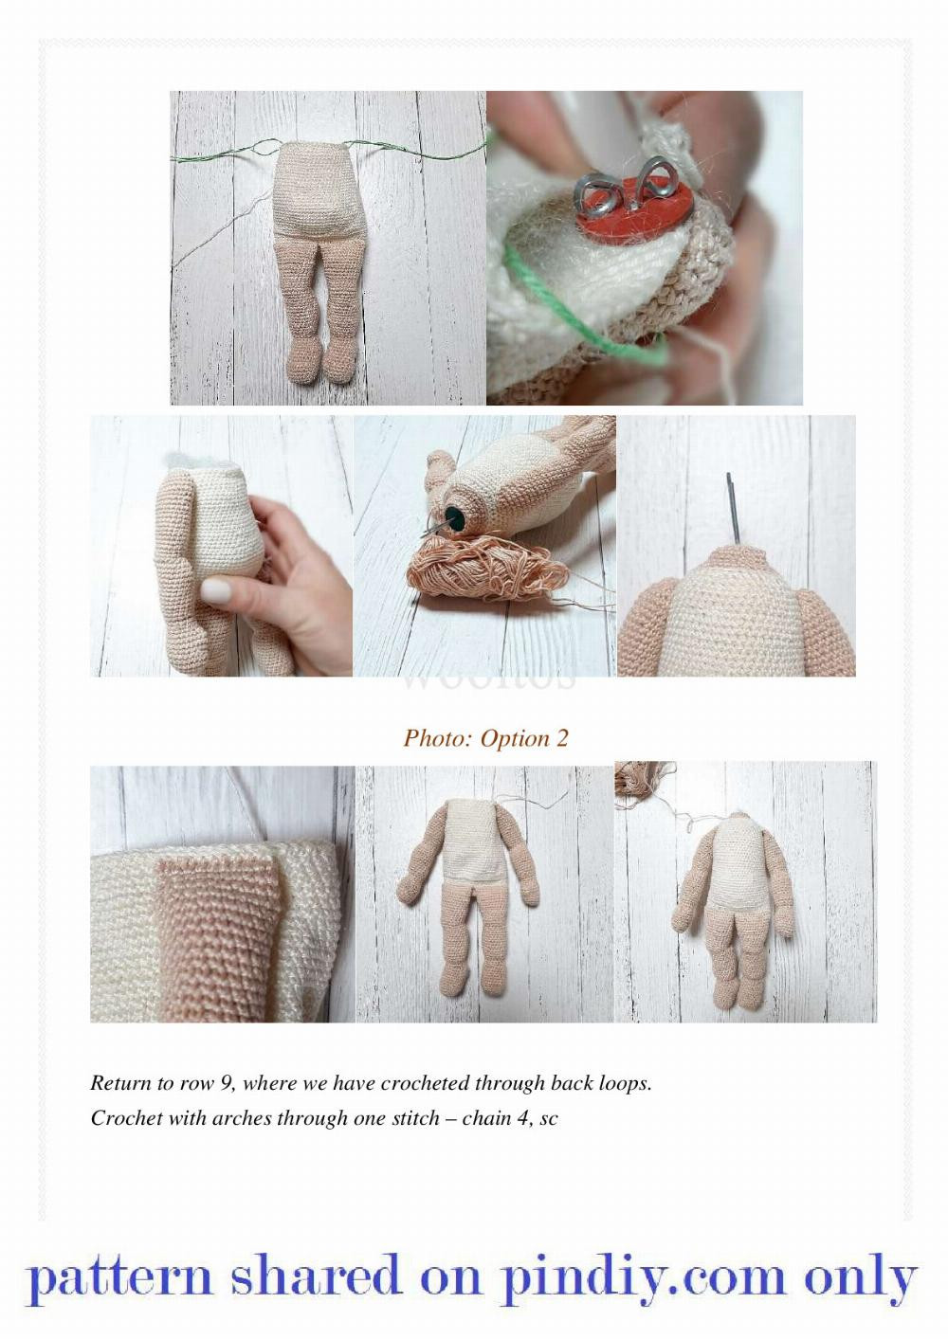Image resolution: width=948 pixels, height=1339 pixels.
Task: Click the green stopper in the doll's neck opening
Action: click(x=456, y=516)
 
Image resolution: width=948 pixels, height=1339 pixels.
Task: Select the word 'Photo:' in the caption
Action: click(x=437, y=738)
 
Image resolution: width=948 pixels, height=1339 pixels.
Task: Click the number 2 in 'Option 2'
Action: click(x=562, y=738)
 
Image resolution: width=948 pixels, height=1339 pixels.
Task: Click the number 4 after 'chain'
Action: click(x=522, y=1118)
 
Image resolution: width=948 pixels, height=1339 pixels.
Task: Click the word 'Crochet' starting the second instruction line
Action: click(x=126, y=1118)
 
